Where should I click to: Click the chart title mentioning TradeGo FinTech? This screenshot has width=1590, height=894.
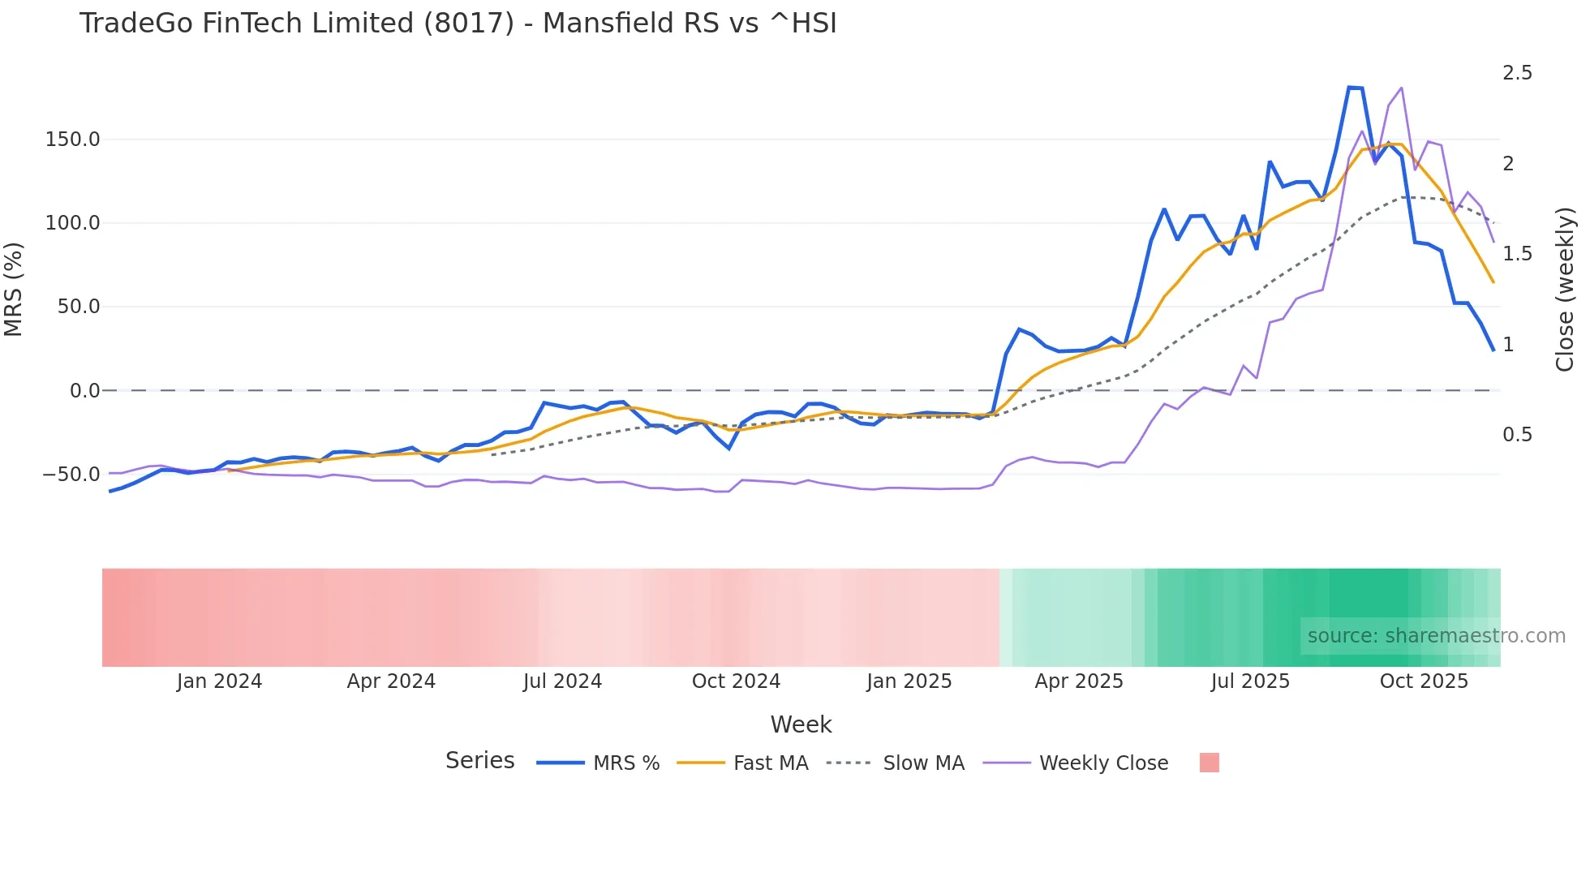click(458, 24)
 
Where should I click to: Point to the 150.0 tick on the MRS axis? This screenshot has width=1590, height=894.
click(73, 140)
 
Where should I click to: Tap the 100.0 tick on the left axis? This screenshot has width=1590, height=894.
click(73, 223)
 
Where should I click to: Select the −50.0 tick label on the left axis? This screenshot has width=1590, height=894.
click(71, 475)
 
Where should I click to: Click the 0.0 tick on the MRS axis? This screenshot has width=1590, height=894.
click(85, 391)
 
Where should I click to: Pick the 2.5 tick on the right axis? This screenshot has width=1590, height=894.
click(1517, 73)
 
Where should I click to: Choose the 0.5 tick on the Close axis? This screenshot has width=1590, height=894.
click(1517, 435)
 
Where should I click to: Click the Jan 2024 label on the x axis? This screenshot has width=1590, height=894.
click(219, 681)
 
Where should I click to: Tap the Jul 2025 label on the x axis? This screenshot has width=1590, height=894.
click(1250, 681)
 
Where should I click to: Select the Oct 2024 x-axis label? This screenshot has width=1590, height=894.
click(736, 681)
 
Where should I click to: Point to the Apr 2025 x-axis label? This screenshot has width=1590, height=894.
click(1079, 681)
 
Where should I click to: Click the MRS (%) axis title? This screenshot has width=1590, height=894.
click(14, 289)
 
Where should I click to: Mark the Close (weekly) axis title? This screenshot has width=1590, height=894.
click(1565, 289)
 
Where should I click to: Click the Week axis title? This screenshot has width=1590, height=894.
click(801, 724)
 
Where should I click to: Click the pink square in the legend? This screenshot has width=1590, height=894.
click(1209, 763)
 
